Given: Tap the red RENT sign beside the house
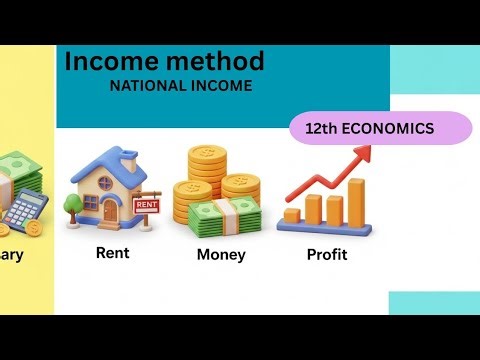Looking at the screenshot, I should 145,204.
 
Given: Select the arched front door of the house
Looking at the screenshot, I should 110,208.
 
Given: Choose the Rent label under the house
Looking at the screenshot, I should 112,253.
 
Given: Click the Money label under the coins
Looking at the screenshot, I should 221,255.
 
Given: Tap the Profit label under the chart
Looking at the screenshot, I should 326,255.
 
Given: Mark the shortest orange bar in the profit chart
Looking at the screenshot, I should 292,215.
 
